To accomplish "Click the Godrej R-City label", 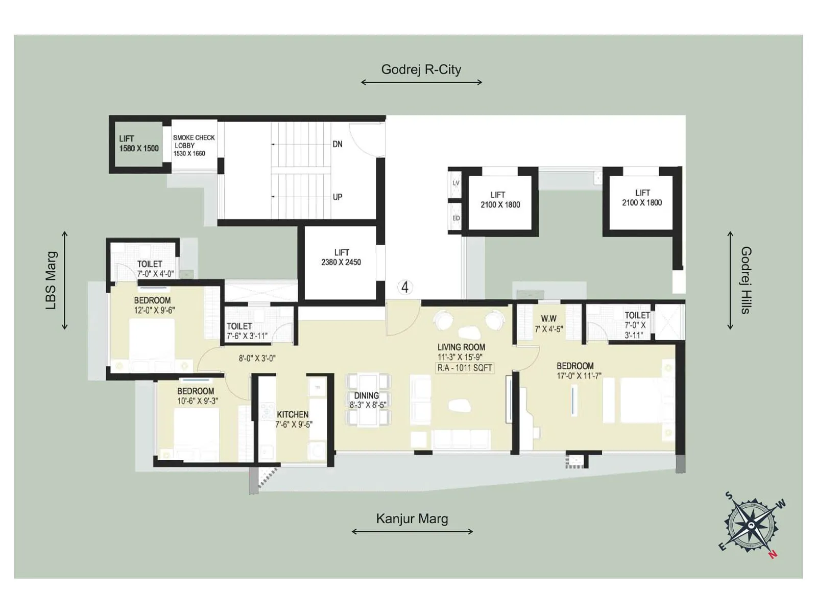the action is point(421,69).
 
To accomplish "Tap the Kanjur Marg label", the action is point(412,519).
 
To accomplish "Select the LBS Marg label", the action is point(52,280).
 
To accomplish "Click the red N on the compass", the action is point(773,555).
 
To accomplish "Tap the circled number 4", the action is point(405,287).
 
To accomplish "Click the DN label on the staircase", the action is point(338,145).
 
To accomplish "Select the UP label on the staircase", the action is point(338,197).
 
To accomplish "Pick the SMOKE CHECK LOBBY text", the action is point(194,145).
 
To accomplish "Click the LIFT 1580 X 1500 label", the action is point(139,144).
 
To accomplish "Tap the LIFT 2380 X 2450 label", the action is point(341,257).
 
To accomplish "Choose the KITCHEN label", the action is point(293,414).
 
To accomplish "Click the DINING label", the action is point(367,395).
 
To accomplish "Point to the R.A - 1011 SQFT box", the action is point(465,368).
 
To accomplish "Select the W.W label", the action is point(548,319).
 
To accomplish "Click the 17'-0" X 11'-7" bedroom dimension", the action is point(579,376).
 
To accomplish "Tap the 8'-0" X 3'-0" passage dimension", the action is point(257,359).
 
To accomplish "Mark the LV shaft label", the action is point(456,183).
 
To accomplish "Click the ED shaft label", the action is point(456,218).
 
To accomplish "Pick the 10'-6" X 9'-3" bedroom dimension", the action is point(198,401).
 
